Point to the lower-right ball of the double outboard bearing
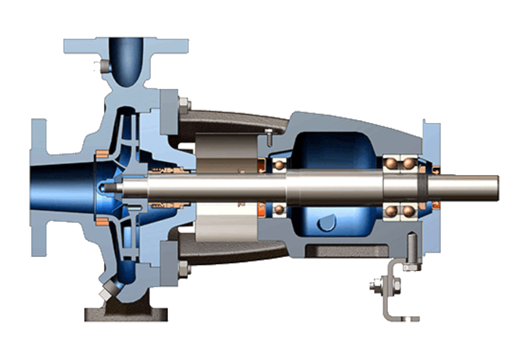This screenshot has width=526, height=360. click(x=408, y=211)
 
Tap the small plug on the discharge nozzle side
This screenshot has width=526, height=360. click(x=104, y=66)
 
